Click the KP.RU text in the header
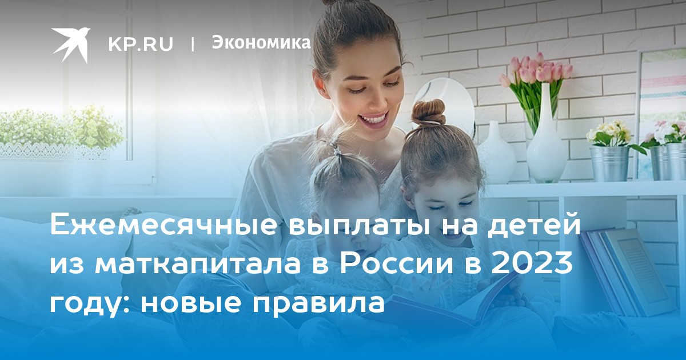point(141,44)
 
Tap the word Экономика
point(261,42)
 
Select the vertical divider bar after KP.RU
point(192,44)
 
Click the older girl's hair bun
point(428,113)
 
